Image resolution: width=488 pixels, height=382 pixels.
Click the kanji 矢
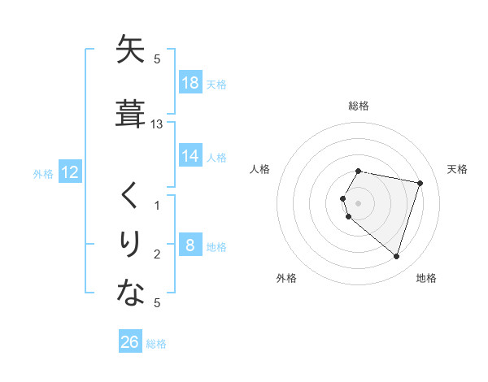(131, 50)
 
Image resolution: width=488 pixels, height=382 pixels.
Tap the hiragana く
(131, 196)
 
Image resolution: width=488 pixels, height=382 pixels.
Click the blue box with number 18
(190, 82)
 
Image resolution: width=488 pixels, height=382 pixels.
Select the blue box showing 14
(190, 156)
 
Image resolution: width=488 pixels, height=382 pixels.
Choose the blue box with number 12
(69, 172)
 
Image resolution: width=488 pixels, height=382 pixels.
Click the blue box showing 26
(130, 341)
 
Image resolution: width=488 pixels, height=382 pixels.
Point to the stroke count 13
(157, 124)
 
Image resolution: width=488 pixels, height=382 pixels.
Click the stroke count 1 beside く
(157, 206)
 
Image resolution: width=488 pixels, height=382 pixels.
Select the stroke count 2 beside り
(157, 254)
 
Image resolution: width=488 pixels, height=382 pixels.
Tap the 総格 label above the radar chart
(359, 106)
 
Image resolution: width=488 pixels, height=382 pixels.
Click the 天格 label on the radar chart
(457, 169)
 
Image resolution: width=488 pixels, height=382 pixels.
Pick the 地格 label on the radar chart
(426, 278)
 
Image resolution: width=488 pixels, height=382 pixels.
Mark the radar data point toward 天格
(420, 183)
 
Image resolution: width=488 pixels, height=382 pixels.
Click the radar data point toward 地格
(396, 257)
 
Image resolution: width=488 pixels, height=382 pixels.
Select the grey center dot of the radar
(359, 202)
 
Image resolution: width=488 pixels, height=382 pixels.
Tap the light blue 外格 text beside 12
(43, 173)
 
